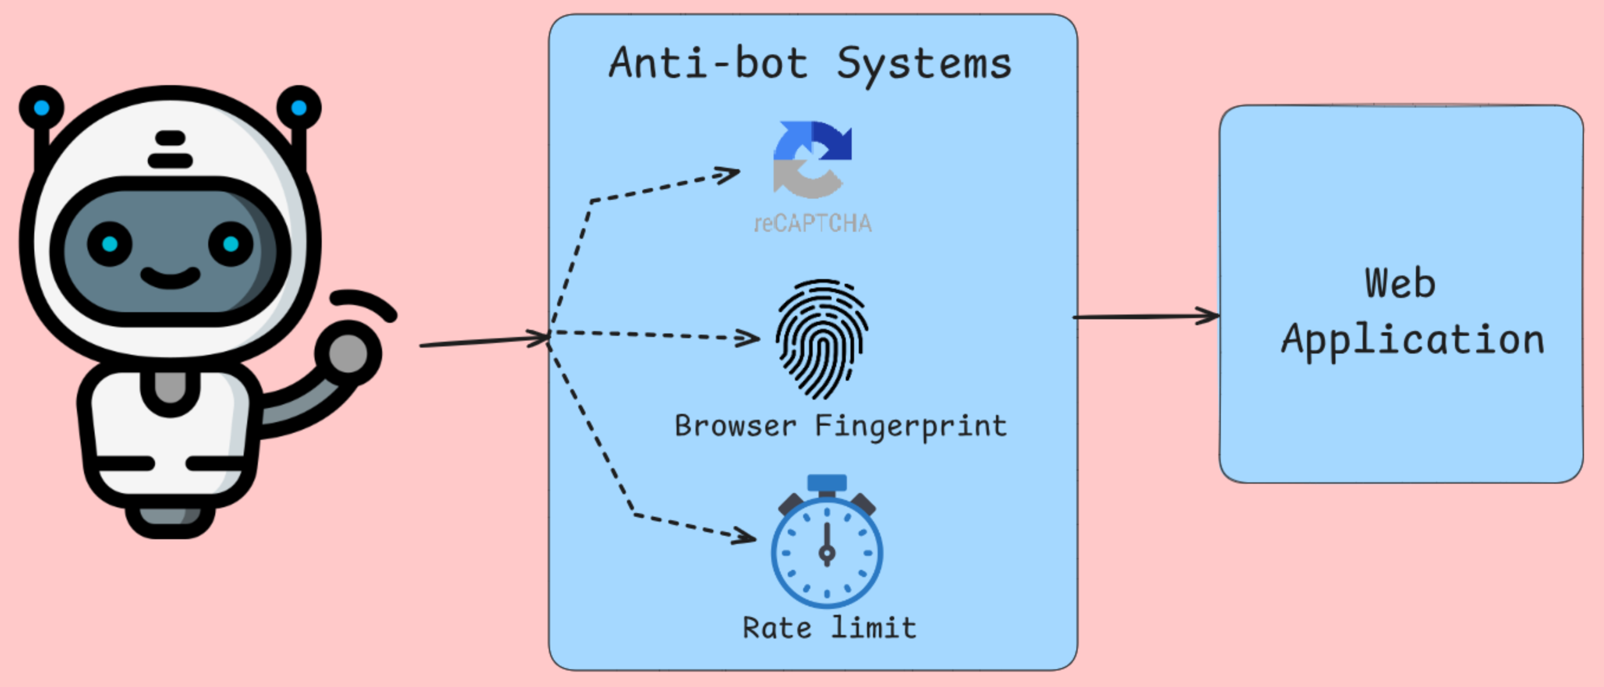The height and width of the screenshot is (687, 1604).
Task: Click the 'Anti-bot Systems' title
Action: [810, 63]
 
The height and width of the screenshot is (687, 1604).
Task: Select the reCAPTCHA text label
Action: [813, 223]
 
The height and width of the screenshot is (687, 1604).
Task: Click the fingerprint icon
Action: [822, 339]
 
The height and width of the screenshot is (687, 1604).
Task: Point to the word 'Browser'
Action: [735, 426]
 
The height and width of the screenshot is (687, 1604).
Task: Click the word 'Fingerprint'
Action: [910, 426]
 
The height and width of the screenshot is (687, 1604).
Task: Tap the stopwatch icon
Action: [826, 550]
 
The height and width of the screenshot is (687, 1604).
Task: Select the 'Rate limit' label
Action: [829, 627]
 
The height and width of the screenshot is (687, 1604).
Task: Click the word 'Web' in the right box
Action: [1400, 284]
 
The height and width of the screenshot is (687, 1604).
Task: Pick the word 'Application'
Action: [1412, 341]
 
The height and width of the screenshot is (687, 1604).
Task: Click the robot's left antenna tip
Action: [41, 108]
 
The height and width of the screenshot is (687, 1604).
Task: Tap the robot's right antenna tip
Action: [299, 108]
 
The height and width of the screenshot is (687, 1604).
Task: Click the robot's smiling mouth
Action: [170, 277]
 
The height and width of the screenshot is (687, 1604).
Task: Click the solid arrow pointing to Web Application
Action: [1146, 317]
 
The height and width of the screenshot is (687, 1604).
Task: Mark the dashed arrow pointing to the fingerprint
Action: [654, 335]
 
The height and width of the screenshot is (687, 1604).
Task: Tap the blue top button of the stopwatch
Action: [827, 483]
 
